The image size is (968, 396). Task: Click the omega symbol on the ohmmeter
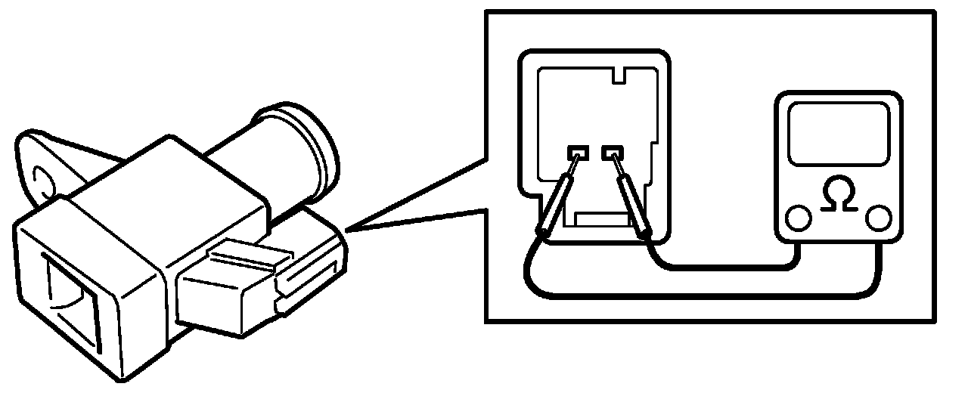[839, 196]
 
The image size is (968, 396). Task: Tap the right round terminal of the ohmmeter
[879, 218]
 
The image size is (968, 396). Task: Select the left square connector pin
[578, 152]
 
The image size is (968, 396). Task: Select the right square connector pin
[611, 152]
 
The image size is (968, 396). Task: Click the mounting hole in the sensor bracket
[42, 180]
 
